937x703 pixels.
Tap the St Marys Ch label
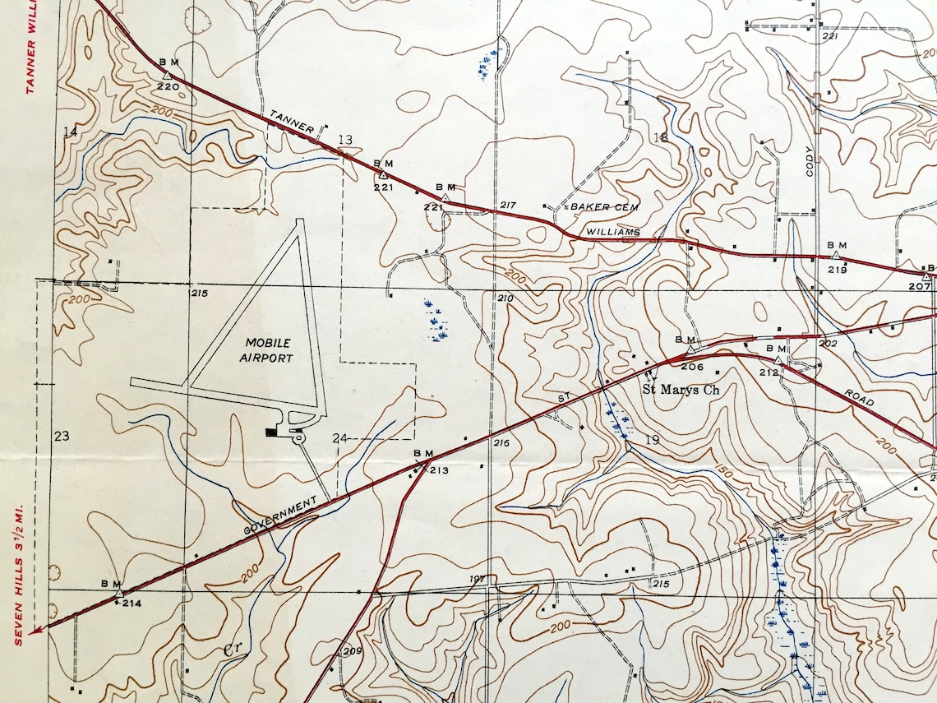click(681, 390)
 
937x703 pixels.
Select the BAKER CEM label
click(604, 207)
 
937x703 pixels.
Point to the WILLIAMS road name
click(613, 233)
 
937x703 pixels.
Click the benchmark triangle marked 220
click(167, 76)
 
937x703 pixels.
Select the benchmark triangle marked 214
click(119, 592)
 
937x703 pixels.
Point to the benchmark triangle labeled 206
click(691, 349)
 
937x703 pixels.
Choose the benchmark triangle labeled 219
click(836, 256)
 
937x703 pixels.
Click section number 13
click(345, 140)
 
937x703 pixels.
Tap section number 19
click(653, 441)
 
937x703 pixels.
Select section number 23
click(62, 436)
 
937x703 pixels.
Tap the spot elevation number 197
click(478, 579)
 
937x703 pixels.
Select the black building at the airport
click(271, 431)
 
